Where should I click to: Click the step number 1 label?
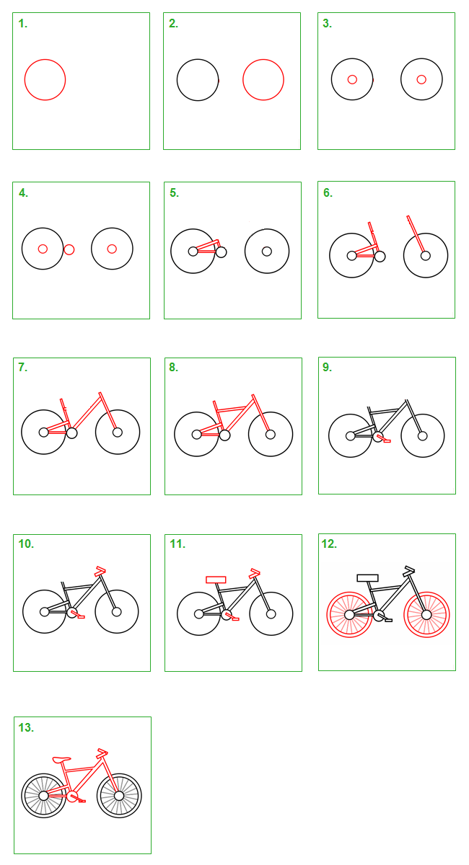point(23,24)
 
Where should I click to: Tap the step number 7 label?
point(23,367)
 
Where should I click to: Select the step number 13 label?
point(26,727)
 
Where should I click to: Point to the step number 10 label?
point(26,544)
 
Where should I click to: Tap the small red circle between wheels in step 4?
point(69,249)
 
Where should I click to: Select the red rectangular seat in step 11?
point(216,580)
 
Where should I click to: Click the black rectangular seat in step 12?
point(367,577)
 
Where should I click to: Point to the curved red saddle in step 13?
point(61,760)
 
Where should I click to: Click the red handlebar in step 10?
point(100,571)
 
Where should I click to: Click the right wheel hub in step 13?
point(119,796)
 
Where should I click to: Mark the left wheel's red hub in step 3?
point(352,79)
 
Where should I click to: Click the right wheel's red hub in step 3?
point(421,79)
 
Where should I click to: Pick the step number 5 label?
point(174,192)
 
